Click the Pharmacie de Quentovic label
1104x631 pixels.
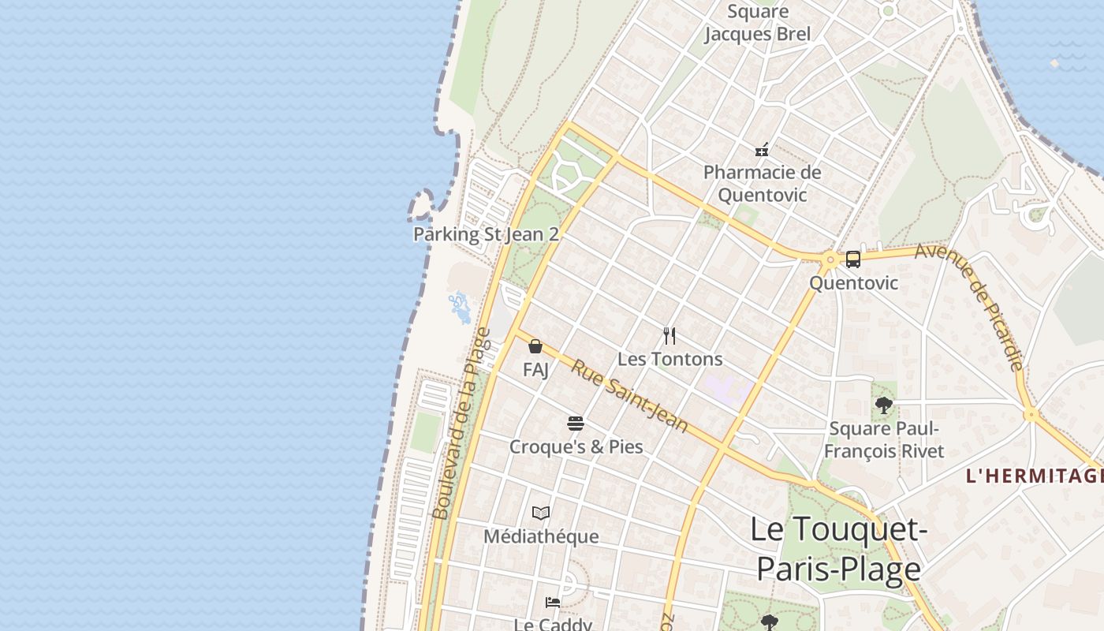coord(762,183)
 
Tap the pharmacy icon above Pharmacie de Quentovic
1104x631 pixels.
coord(762,150)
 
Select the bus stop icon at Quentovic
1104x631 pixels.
coord(852,259)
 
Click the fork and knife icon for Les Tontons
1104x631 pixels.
coord(669,336)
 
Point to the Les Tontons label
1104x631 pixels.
coord(669,359)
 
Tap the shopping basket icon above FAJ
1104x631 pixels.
coord(535,346)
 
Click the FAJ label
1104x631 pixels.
coord(535,368)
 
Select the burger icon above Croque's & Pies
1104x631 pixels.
coord(576,424)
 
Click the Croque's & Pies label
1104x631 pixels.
coord(576,446)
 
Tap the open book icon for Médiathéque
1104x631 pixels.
coord(541,513)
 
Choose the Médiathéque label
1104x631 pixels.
coord(541,536)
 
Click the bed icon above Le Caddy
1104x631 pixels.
coord(553,603)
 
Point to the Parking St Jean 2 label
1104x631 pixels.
coord(486,234)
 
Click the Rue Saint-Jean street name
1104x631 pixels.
coord(629,396)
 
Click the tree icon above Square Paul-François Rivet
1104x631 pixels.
coord(883,405)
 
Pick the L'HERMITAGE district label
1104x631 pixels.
coord(1034,476)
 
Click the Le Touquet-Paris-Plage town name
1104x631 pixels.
coord(837,548)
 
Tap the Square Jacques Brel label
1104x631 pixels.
coord(757,23)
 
